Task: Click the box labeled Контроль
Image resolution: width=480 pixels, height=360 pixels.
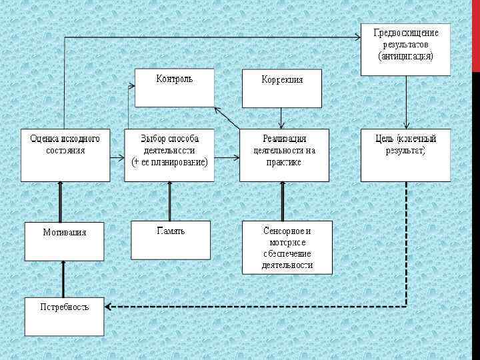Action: pyautogui.click(x=175, y=87)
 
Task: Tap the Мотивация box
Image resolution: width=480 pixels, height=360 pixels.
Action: pyautogui.click(x=65, y=241)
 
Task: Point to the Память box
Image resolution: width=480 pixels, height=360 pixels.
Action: pyautogui.click(x=171, y=239)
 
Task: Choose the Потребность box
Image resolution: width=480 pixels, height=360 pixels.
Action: pyautogui.click(x=65, y=315)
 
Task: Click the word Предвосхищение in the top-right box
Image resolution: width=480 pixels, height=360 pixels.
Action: pyautogui.click(x=405, y=33)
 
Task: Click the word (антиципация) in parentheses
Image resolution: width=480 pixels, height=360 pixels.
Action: pyautogui.click(x=405, y=56)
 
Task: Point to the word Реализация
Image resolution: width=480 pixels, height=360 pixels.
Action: pyautogui.click(x=284, y=139)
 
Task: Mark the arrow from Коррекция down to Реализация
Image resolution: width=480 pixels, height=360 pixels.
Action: pyautogui.click(x=281, y=118)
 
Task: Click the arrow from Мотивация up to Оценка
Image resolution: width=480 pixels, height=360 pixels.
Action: pyautogui.click(x=61, y=201)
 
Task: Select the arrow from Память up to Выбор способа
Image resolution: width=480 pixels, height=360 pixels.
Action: pyautogui.click(x=169, y=201)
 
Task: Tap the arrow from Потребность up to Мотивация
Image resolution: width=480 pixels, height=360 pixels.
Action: pyautogui.click(x=64, y=279)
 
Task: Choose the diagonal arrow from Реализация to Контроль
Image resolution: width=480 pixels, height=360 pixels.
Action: pyautogui.click(x=227, y=117)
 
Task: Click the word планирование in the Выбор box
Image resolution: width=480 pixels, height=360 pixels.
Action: pyautogui.click(x=180, y=162)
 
